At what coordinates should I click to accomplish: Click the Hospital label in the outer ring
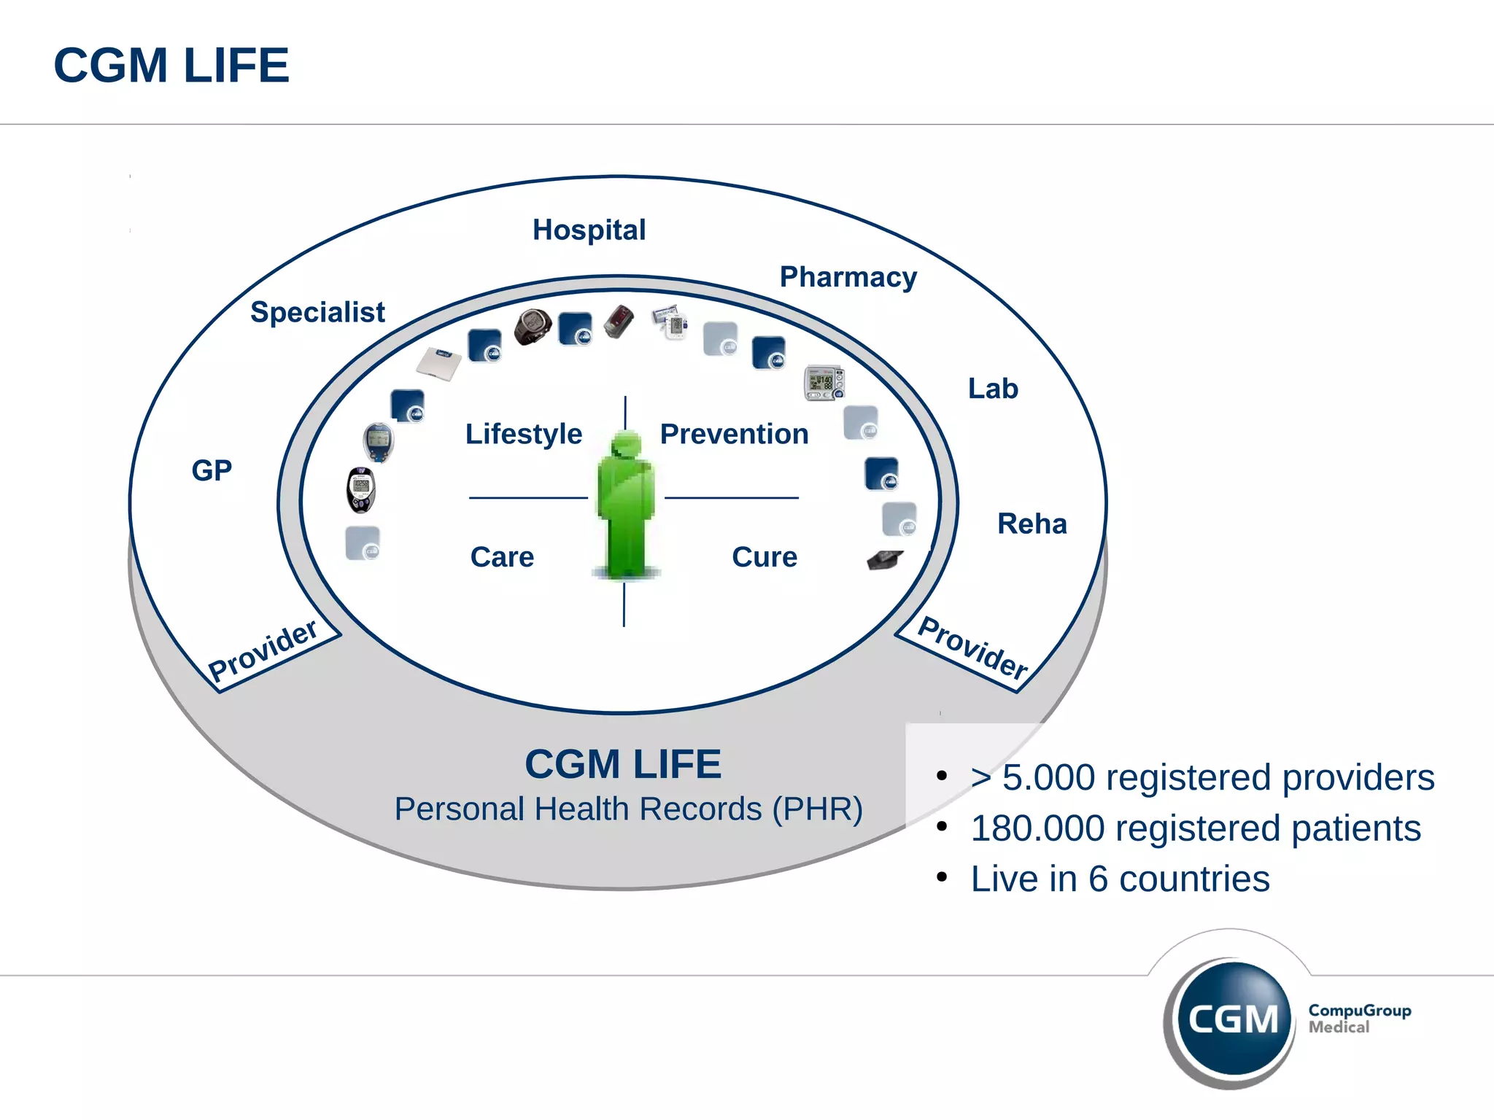(x=589, y=230)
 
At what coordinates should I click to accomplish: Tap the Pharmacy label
(x=848, y=278)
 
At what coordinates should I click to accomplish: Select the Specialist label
(x=317, y=312)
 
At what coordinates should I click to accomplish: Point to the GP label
(x=212, y=470)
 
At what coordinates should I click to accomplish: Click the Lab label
(x=992, y=389)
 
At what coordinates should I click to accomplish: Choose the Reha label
(x=1032, y=524)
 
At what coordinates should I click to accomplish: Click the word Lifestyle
(x=523, y=434)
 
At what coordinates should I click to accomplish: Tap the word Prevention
(x=734, y=434)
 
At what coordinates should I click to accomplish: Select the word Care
(x=502, y=557)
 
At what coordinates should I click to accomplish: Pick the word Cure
(x=764, y=557)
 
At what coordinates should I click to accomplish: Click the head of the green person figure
(x=626, y=444)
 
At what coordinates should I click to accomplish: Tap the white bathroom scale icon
(x=439, y=363)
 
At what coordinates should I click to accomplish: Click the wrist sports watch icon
(x=532, y=327)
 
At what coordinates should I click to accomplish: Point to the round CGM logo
(x=1232, y=1018)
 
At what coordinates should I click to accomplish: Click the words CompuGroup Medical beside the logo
(x=1359, y=1019)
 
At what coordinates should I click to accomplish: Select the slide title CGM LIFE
(x=171, y=66)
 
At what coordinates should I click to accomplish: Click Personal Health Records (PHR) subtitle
(x=628, y=809)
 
